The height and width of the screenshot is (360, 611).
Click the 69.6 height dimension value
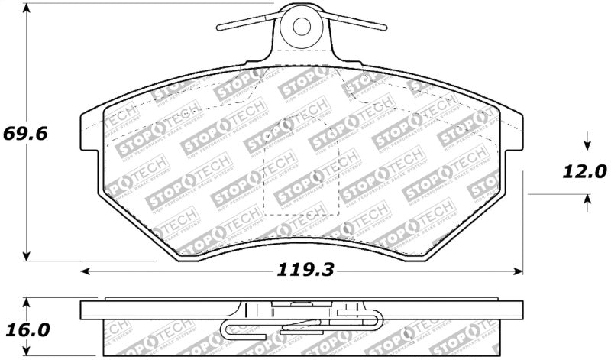point(25,134)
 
